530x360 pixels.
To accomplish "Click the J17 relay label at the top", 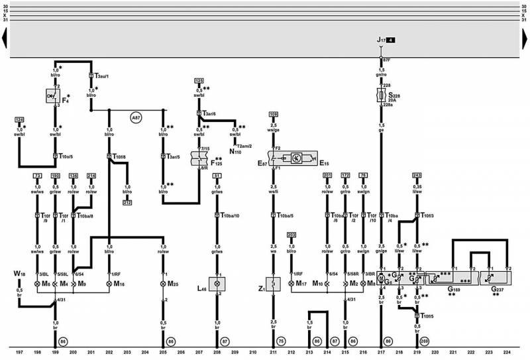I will point(381,41).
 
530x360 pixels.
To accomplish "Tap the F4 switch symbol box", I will point(54,97).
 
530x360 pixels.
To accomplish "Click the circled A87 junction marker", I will point(136,117).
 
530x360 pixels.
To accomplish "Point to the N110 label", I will point(234,152).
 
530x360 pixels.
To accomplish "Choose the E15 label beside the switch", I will point(323,162).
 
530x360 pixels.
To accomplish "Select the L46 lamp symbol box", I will point(217,284).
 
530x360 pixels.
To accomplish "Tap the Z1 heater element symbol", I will point(272,288).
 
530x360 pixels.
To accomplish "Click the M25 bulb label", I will point(173,284).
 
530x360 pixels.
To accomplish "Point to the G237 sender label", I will point(496,289).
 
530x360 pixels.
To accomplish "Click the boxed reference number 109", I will point(272,115).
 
